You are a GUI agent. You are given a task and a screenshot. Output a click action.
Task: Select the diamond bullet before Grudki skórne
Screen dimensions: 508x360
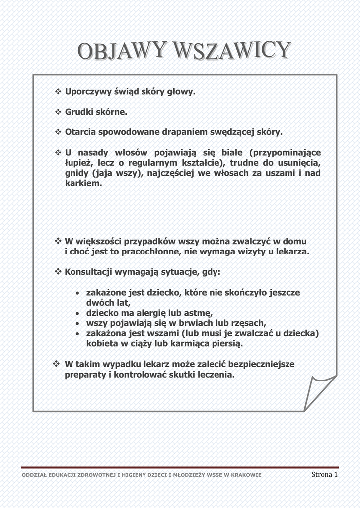57,112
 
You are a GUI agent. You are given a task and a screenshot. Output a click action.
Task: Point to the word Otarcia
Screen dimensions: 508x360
80,132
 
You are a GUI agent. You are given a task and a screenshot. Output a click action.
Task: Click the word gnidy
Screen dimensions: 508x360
76,173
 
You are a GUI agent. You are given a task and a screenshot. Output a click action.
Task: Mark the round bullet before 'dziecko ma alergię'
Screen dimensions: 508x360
78,314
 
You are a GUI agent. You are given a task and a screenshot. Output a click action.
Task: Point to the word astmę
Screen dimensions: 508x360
198,313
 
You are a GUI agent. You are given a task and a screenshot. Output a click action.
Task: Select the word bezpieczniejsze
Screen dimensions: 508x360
258,364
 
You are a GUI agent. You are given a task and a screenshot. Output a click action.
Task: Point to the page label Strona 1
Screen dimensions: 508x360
325,475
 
